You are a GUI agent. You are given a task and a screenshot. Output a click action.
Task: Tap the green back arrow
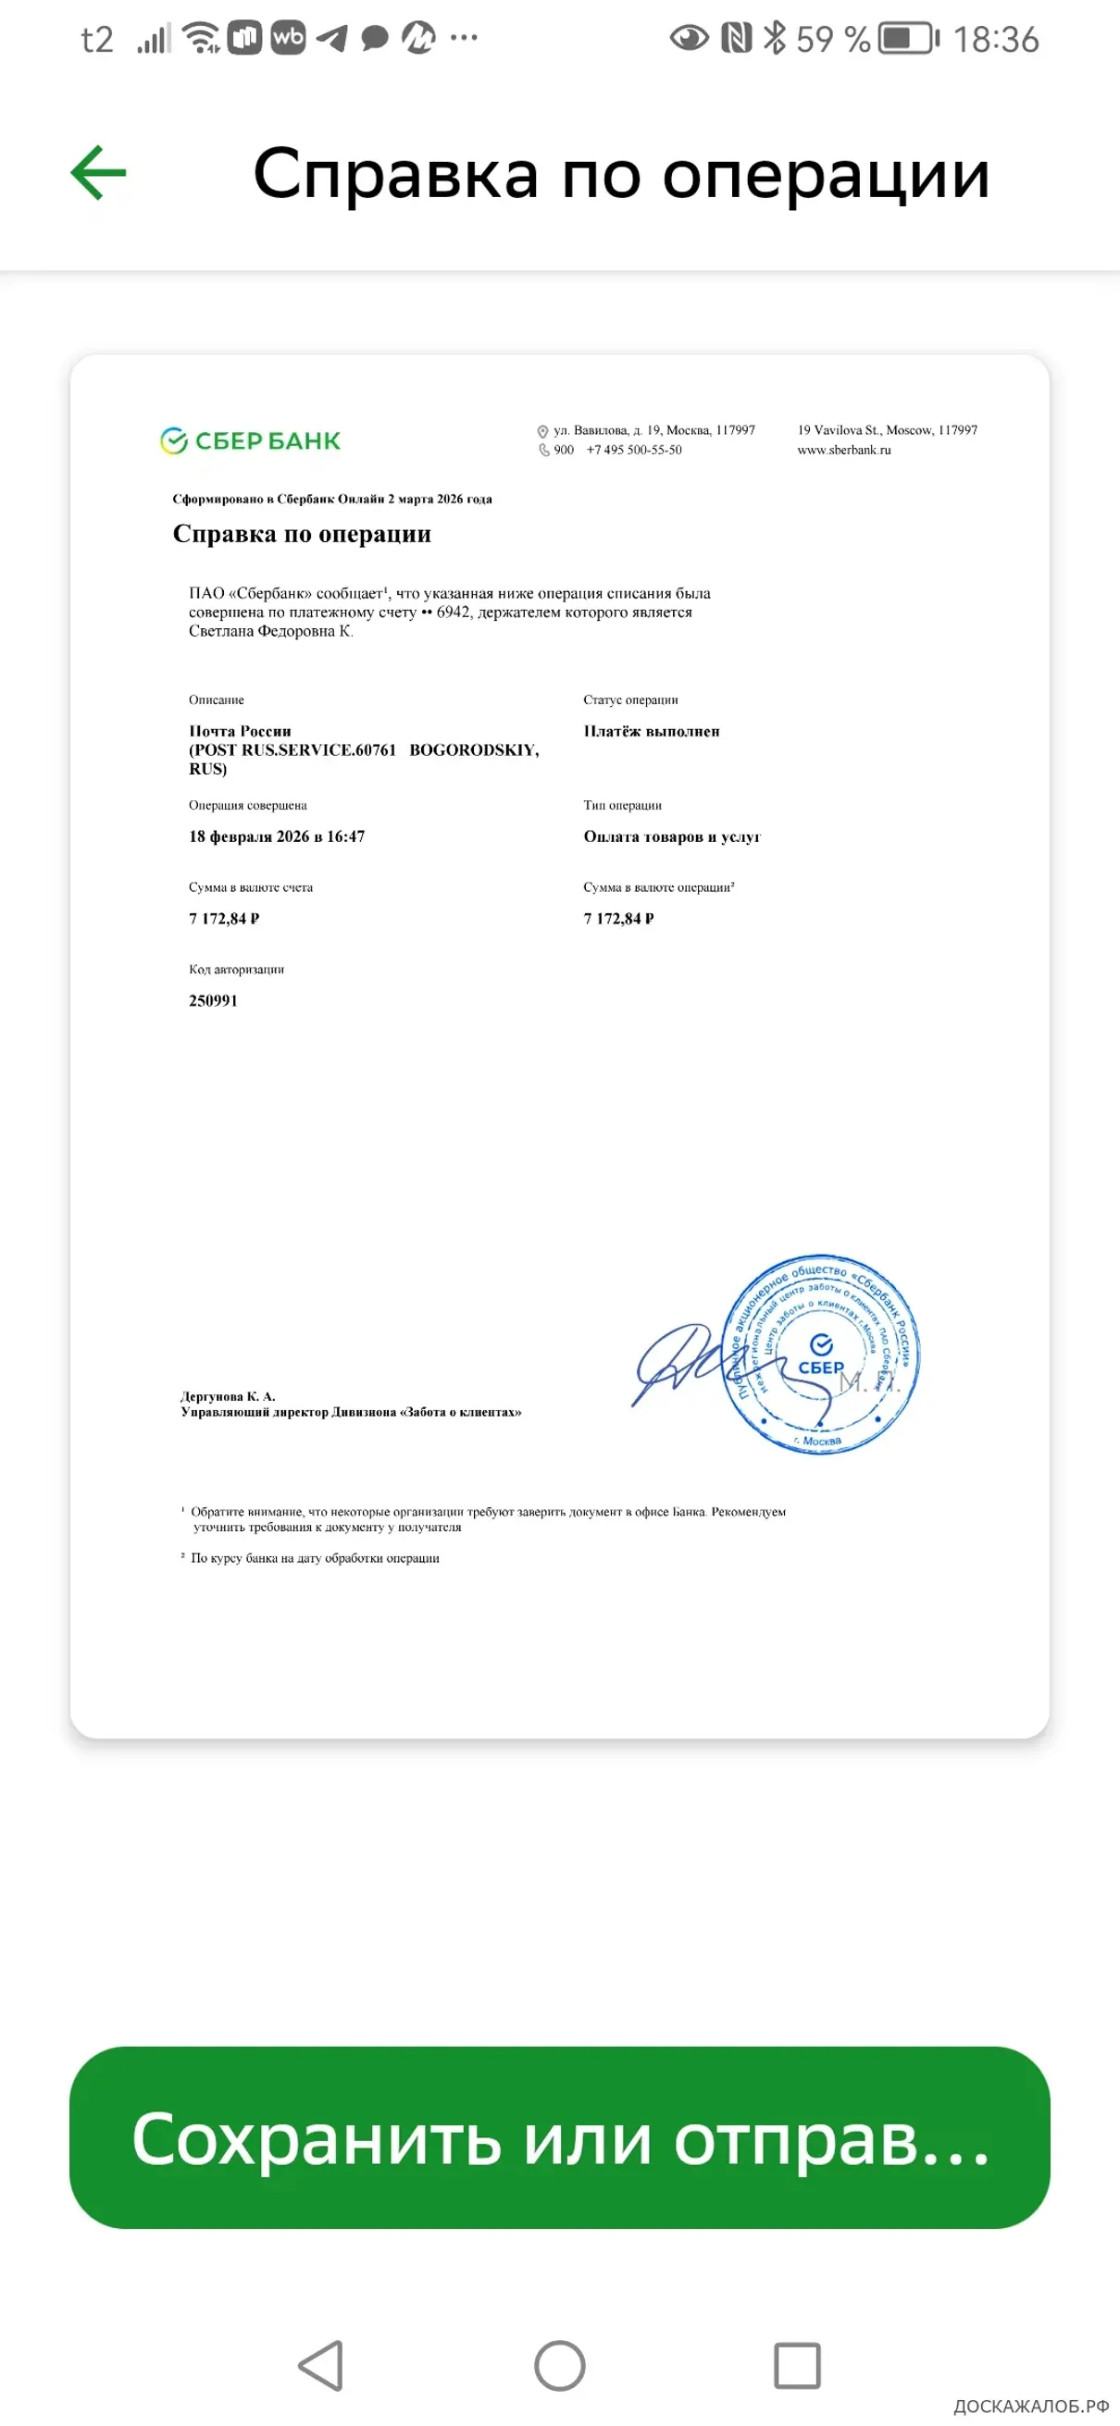click(99, 172)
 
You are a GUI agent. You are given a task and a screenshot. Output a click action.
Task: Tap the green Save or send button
click(559, 2138)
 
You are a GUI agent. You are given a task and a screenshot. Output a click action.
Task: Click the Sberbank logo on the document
click(251, 440)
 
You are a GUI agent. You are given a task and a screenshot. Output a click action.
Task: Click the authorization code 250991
click(213, 1000)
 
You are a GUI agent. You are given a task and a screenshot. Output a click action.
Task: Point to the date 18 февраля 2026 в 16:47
click(276, 836)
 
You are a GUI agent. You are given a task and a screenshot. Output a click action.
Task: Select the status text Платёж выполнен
click(651, 731)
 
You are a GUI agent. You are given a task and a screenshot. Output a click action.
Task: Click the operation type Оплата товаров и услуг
click(672, 836)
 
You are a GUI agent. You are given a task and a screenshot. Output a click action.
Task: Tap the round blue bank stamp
click(820, 1355)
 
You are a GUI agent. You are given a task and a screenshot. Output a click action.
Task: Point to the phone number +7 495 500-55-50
click(634, 451)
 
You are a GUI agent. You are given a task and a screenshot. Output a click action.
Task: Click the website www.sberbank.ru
click(843, 451)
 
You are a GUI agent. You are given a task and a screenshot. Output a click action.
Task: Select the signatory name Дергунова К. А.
click(227, 1395)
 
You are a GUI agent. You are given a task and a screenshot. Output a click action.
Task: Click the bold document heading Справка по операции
click(302, 534)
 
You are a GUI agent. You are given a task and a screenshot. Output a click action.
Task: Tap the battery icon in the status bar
click(908, 39)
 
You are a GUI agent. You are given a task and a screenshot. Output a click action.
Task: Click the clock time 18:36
click(996, 40)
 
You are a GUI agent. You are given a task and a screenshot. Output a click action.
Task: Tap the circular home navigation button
click(559, 2366)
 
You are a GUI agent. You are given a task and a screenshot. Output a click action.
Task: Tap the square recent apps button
click(797, 2366)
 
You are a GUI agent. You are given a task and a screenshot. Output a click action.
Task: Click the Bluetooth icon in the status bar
click(775, 39)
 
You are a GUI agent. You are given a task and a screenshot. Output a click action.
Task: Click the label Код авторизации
click(235, 969)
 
